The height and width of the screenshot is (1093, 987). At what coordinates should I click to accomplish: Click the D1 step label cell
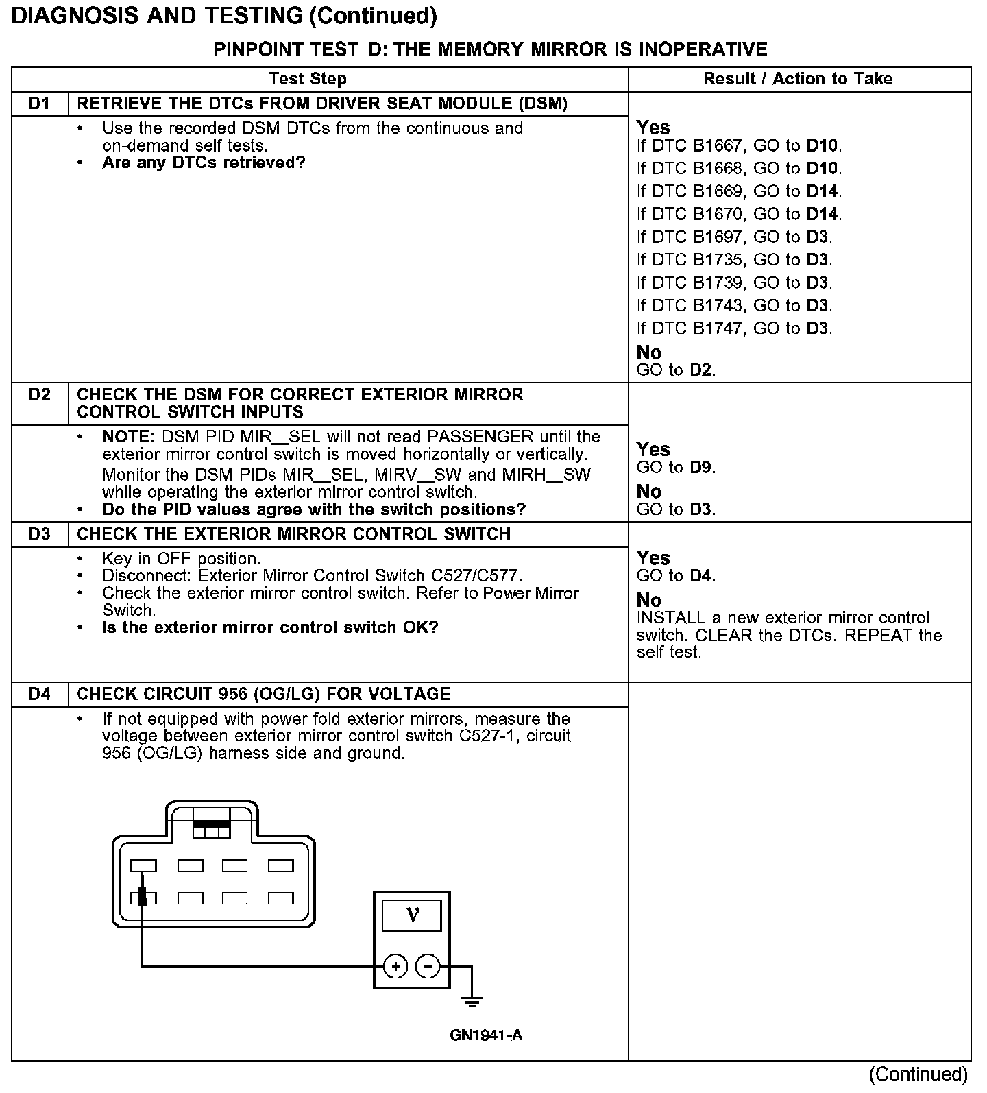40,104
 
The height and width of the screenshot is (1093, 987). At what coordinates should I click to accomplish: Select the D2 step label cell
40,395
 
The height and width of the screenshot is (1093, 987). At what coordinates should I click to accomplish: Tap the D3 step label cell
40,534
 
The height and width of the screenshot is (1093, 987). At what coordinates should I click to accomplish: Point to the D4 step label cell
40,694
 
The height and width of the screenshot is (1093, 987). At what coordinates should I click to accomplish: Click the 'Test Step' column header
307,79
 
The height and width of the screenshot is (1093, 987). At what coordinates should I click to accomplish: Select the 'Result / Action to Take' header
798,79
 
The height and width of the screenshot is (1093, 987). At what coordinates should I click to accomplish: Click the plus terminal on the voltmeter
395,966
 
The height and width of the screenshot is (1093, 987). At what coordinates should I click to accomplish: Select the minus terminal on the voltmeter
428,966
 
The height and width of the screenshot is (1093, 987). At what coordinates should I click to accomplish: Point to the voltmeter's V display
412,915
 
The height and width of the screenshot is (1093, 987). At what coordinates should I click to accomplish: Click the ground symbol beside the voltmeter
472,1002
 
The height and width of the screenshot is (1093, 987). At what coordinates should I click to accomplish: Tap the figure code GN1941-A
486,1035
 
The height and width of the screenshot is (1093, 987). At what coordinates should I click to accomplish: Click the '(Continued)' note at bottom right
918,1074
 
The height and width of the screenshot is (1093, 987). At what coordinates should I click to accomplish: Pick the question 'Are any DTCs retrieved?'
204,163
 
